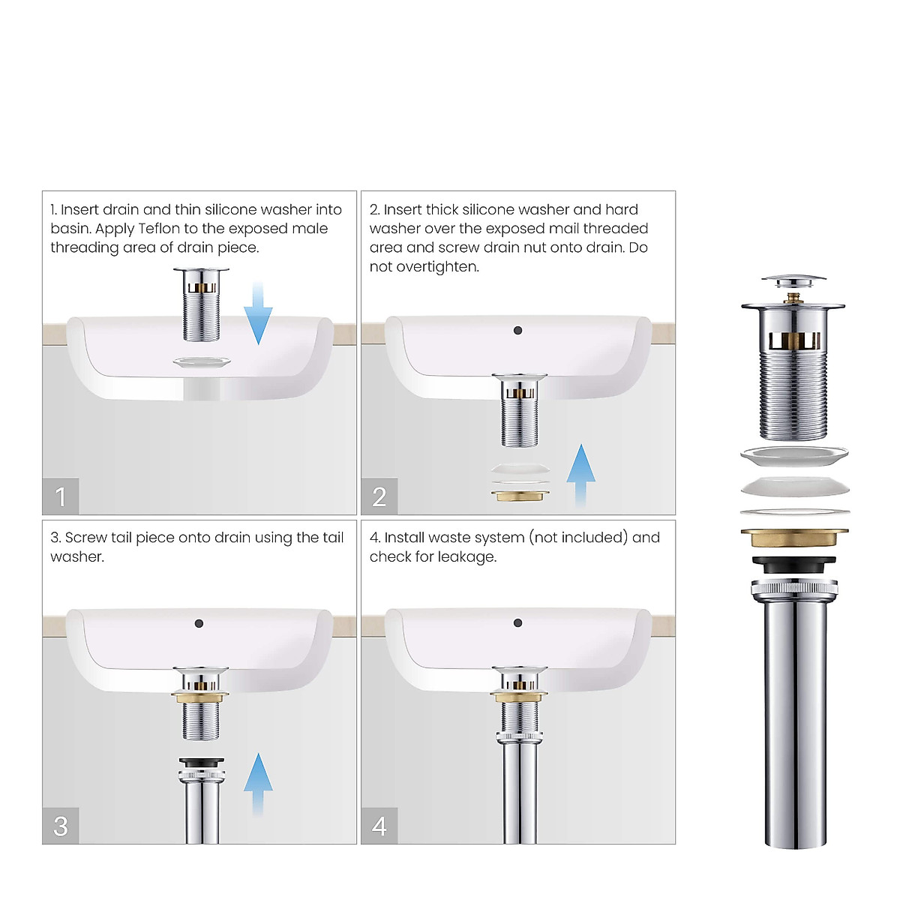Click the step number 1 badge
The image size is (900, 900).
click(61, 496)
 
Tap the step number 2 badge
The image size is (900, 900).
click(379, 496)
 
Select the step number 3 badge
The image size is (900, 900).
click(61, 826)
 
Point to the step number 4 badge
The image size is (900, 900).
click(379, 826)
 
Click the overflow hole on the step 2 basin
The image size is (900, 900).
click(517, 330)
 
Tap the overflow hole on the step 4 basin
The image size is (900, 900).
click(517, 622)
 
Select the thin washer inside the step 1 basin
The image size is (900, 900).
click(202, 363)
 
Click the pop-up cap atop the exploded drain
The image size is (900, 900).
click(793, 283)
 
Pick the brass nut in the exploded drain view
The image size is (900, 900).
click(794, 538)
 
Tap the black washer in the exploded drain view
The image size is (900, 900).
click(794, 563)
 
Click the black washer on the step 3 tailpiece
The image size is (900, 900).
click(201, 762)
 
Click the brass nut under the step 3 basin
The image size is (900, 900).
click(200, 697)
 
